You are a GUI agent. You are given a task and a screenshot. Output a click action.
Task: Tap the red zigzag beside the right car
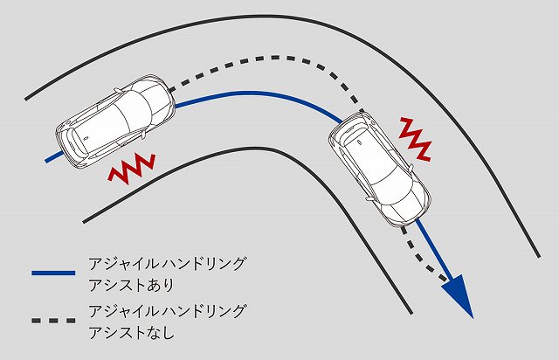pos(416,138)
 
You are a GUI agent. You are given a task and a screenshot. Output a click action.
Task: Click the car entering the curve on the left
pos(115,121)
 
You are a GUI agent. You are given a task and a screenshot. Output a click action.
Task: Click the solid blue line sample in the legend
pos(53,273)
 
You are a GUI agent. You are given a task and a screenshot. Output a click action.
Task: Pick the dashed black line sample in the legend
pos(53,321)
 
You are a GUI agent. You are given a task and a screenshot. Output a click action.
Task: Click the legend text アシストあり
pos(131,286)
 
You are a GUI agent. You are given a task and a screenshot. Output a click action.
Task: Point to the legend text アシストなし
pos(131,333)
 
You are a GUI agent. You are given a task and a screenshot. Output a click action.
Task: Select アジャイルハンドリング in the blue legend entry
pos(167,264)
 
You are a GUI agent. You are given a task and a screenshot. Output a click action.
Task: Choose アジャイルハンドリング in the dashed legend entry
pos(167,311)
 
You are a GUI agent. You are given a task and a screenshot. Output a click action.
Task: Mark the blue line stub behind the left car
pos(54,157)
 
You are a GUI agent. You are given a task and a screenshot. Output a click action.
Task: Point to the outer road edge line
pos(286,16)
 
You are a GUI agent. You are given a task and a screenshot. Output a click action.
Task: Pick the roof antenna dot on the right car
pos(359,142)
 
